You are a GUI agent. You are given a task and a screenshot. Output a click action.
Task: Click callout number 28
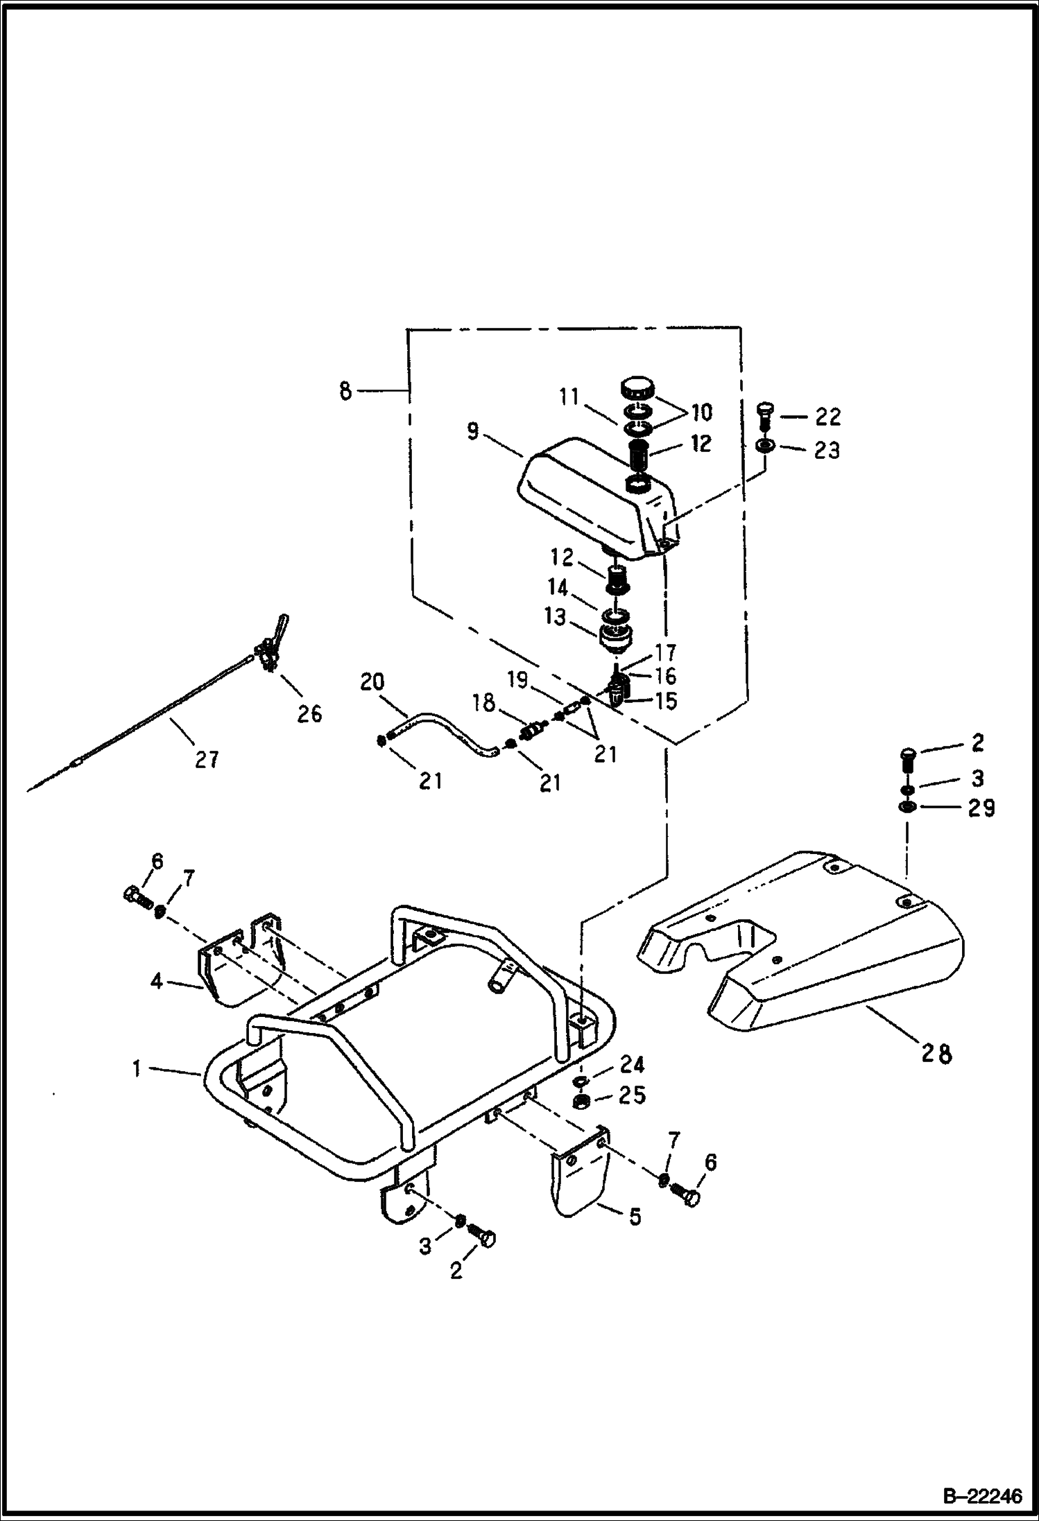(x=936, y=1054)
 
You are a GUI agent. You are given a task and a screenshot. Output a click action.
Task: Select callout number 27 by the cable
(x=206, y=760)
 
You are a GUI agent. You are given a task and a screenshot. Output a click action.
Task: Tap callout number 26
(x=309, y=713)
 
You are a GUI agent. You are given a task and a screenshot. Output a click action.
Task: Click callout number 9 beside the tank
(x=472, y=431)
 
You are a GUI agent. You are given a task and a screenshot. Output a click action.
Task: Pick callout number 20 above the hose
(x=372, y=682)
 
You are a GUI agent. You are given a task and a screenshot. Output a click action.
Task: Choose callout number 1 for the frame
(x=137, y=1069)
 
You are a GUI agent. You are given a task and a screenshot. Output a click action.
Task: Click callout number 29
(x=981, y=808)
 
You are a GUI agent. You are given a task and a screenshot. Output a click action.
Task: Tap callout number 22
(x=827, y=417)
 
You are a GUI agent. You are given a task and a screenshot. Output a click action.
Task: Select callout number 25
(x=633, y=1095)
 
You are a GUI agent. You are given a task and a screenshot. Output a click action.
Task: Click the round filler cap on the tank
(x=636, y=387)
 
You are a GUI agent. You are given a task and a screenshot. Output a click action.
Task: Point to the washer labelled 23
(x=763, y=444)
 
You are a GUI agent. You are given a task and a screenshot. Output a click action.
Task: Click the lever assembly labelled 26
(x=267, y=649)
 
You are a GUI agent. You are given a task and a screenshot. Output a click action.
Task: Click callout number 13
(x=556, y=617)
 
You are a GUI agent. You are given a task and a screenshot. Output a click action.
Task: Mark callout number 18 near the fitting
(x=484, y=704)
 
